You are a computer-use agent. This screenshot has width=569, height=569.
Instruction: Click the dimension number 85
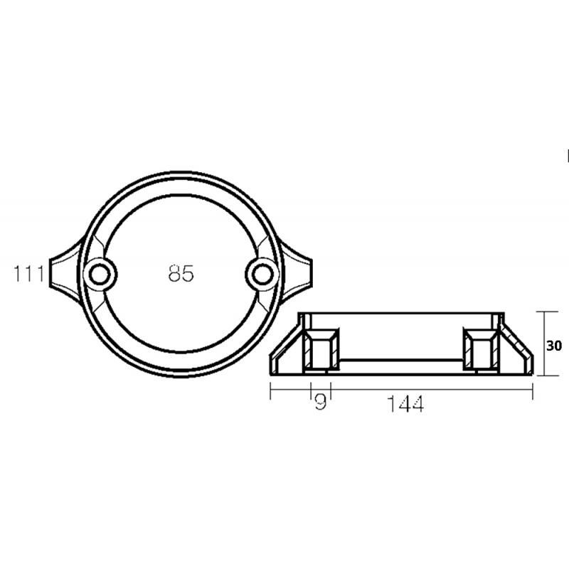(x=181, y=273)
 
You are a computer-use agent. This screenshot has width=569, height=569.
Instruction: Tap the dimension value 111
(x=28, y=272)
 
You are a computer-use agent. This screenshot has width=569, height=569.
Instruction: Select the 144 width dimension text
(x=406, y=404)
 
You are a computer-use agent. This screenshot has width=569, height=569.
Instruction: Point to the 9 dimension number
(x=321, y=404)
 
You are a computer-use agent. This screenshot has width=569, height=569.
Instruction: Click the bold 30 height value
(x=555, y=346)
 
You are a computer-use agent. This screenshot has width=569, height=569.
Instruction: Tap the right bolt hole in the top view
(x=262, y=273)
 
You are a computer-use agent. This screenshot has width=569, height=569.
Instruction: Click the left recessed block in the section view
(x=319, y=349)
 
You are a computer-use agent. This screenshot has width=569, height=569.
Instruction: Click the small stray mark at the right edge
(x=568, y=154)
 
